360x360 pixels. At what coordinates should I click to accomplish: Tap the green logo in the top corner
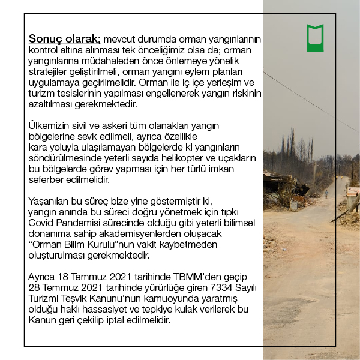315,38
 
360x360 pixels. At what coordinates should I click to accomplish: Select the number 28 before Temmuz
35,287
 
